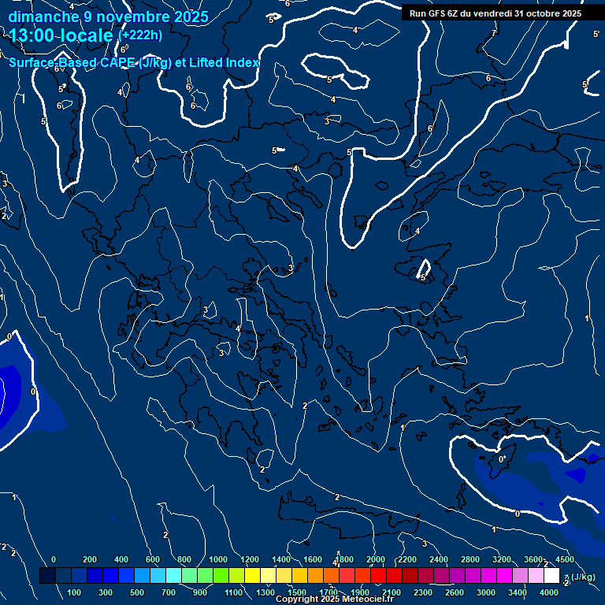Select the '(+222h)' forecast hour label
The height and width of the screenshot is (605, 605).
[140, 35]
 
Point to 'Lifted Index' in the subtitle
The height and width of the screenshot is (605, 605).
[224, 62]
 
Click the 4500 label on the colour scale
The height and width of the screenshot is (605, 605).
[564, 559]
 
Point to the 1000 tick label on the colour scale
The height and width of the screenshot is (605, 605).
[217, 559]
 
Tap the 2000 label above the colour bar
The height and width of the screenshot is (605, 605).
[375, 559]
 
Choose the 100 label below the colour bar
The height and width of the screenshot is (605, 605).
[74, 592]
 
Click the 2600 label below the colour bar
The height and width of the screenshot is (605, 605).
[455, 592]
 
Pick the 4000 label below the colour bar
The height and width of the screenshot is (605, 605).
[549, 592]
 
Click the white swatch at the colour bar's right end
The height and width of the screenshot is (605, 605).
[551, 576]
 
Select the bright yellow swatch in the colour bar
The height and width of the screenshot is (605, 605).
[252, 576]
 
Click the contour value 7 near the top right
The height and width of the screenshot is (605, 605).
[493, 33]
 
